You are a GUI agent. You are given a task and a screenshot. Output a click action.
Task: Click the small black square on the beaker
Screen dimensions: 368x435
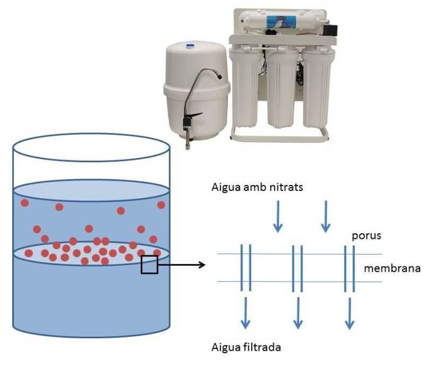149,265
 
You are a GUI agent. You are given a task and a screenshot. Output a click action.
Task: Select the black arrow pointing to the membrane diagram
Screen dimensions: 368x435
181,265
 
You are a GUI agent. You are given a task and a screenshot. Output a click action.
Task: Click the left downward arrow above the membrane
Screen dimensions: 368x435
278,218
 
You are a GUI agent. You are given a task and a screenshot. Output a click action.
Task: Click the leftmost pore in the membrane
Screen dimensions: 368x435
246,268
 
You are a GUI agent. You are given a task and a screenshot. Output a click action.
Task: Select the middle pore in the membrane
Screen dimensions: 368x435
297,268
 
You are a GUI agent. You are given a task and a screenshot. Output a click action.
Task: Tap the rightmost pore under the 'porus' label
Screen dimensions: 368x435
349,268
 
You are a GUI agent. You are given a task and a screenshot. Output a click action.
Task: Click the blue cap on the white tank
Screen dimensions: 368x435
191,45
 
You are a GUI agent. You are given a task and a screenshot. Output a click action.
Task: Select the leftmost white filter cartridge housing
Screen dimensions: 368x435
246,86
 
